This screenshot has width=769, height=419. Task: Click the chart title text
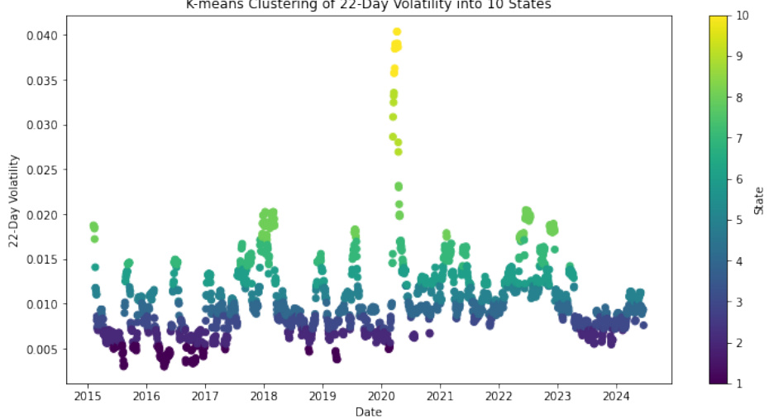point(368,6)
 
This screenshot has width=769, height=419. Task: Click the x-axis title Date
point(368,411)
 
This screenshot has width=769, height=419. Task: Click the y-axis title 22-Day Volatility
point(14,201)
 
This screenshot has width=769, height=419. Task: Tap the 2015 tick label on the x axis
point(88,393)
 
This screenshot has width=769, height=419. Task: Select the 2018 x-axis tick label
point(264,393)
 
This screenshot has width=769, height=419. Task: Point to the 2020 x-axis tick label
point(381,393)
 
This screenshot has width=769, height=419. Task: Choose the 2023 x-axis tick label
point(557,393)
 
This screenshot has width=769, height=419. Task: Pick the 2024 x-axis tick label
point(616,393)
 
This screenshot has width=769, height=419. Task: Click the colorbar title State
point(759,200)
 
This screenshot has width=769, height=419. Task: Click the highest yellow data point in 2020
point(397,32)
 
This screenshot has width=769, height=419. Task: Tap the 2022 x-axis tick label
point(499,393)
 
